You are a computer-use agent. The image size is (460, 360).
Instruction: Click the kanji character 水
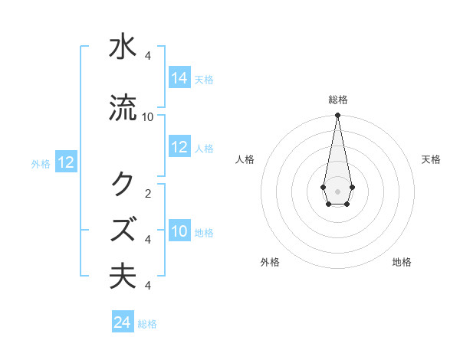pyautogui.click(x=123, y=47)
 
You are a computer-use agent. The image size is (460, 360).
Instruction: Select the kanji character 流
pyautogui.click(x=123, y=107)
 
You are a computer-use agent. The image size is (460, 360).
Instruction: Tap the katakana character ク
pyautogui.click(x=123, y=184)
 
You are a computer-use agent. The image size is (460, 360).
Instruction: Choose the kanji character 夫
pyautogui.click(x=123, y=276)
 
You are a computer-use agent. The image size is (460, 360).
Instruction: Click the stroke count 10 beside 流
pyautogui.click(x=148, y=116)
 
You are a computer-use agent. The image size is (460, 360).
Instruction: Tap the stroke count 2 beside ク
pyautogui.click(x=148, y=193)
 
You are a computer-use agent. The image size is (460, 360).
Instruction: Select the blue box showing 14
pyautogui.click(x=179, y=79)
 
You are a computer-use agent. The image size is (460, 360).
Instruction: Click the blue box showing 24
pyautogui.click(x=123, y=322)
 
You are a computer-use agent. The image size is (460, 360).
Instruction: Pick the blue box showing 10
pyautogui.click(x=179, y=231)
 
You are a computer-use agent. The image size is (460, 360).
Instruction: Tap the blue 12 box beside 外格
pyautogui.click(x=65, y=162)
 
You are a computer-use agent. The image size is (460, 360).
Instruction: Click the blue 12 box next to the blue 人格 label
pyautogui.click(x=179, y=148)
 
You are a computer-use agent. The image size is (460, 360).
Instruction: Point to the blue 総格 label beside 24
pyautogui.click(x=147, y=324)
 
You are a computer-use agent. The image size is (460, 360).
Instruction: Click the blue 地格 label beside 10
pyautogui.click(x=204, y=232)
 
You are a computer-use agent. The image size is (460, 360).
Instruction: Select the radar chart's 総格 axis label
pyautogui.click(x=338, y=100)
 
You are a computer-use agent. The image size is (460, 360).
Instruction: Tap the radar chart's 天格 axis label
pyautogui.click(x=431, y=159)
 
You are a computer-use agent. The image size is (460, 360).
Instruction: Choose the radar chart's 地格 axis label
pyautogui.click(x=402, y=262)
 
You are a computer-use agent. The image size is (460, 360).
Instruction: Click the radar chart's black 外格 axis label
pyautogui.click(x=270, y=262)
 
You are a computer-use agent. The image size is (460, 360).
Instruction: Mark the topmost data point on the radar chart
pyautogui.click(x=337, y=116)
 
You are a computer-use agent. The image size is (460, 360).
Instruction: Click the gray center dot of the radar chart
pyautogui.click(x=337, y=190)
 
